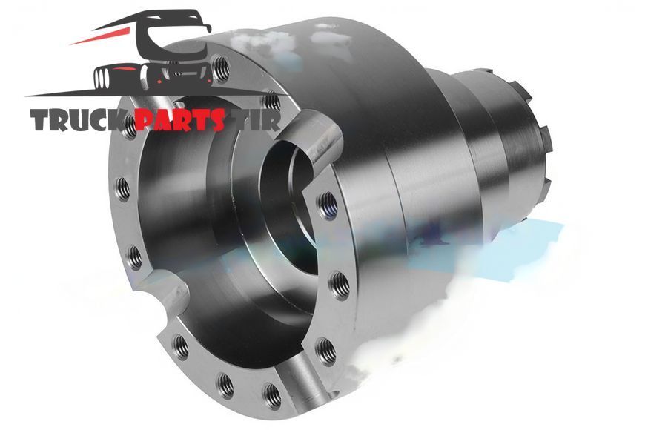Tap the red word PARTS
point(181,120)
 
